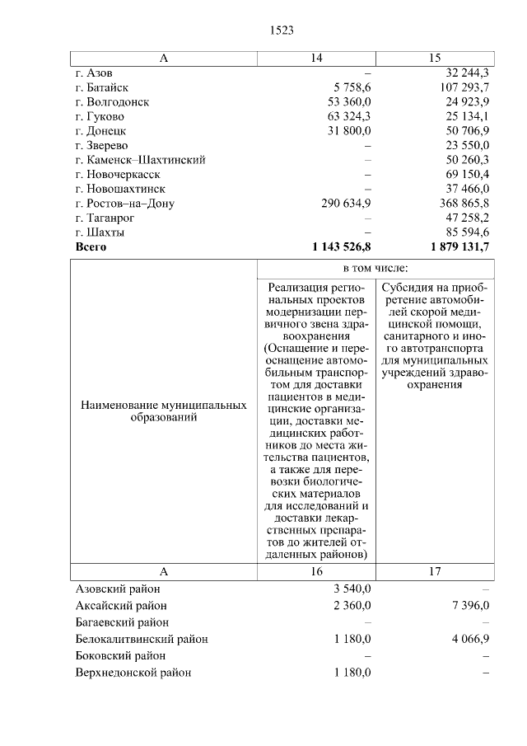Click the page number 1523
[282, 30]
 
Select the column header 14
[316, 59]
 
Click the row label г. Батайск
[101, 87]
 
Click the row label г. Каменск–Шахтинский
[140, 159]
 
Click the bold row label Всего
[91, 246]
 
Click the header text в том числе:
[375, 269]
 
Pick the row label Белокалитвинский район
[142, 639]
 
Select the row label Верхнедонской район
[133, 673]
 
